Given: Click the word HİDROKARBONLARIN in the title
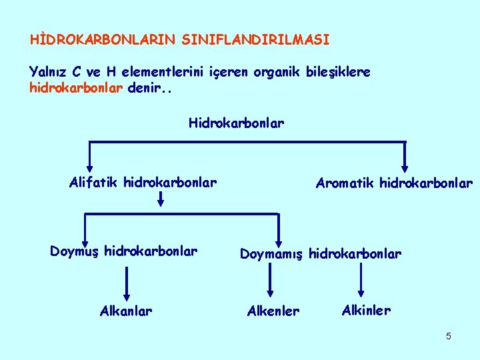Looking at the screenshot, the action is pyautogui.click(x=100, y=40).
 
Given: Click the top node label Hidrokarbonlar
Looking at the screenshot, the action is pyautogui.click(x=236, y=123).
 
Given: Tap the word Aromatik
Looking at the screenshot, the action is pyautogui.click(x=345, y=183).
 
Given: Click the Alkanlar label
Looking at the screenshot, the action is pyautogui.click(x=125, y=311).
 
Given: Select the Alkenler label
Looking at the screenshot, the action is pyautogui.click(x=273, y=311).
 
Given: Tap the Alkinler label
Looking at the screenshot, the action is pyautogui.click(x=366, y=310).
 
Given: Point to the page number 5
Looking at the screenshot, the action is pyautogui.click(x=449, y=336).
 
